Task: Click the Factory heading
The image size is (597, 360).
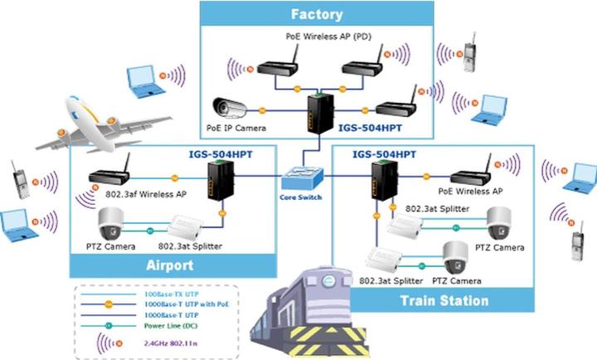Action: pos(317,14)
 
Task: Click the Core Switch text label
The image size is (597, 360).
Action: pos(299,197)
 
